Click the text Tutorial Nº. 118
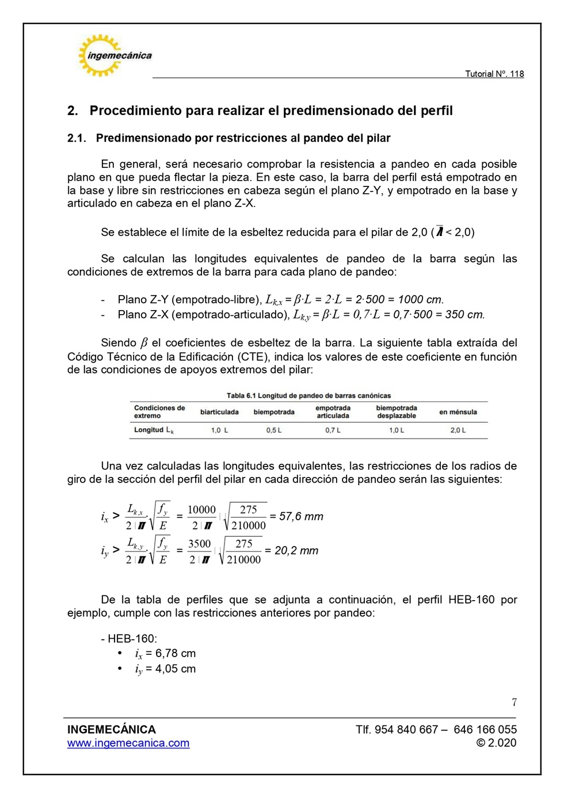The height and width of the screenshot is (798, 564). [494, 74]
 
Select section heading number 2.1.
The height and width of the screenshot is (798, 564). [77, 138]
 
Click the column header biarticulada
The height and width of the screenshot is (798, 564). [219, 412]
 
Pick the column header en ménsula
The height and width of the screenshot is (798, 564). [458, 412]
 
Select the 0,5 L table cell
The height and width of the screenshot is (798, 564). [274, 430]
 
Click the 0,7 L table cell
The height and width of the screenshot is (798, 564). [333, 430]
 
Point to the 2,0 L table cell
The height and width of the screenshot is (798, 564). [458, 430]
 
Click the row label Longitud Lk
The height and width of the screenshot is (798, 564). [154, 430]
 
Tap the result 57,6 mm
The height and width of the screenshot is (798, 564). [301, 517]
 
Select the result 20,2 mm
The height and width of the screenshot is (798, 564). [296, 551]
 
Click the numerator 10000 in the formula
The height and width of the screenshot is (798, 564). [201, 510]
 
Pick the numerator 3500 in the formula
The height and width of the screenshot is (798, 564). [199, 544]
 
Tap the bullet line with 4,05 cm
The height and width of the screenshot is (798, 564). [165, 669]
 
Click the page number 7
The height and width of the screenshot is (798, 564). [514, 702]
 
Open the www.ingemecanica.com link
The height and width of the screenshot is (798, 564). [128, 743]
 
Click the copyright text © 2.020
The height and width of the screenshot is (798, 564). [496, 743]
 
